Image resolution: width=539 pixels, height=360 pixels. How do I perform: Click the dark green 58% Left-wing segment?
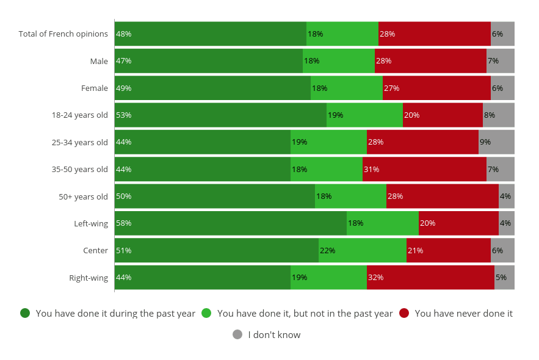230,223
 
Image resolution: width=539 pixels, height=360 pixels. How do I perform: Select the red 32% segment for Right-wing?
430,278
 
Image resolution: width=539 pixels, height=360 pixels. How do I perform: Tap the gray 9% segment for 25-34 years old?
496,142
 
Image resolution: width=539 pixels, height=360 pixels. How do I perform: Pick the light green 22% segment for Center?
363,250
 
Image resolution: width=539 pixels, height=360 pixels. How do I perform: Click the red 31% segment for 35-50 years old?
424,169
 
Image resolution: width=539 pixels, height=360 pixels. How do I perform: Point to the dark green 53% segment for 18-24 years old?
220,115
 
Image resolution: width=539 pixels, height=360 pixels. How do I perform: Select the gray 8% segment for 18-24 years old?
499,115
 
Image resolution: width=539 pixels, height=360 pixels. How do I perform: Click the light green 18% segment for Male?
339,61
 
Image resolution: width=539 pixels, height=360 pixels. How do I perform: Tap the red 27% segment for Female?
436,88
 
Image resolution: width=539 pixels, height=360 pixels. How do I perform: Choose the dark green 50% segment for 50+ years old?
214,196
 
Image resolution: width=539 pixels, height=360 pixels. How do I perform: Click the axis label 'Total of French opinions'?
63,34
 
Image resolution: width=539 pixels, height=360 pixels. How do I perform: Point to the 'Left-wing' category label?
91,223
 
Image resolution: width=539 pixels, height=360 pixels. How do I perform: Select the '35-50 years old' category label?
80,169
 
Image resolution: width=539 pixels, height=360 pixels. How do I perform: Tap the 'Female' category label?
95,88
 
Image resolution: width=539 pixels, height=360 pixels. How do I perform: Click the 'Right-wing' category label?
89,278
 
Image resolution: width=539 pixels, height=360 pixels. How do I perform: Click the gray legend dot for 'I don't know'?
237,334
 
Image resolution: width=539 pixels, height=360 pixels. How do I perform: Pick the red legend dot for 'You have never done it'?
404,313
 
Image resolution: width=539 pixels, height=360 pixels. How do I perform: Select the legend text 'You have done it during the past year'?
115,314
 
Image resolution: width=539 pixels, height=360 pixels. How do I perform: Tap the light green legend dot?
206,313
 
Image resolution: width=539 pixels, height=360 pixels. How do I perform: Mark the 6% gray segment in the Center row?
502,250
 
